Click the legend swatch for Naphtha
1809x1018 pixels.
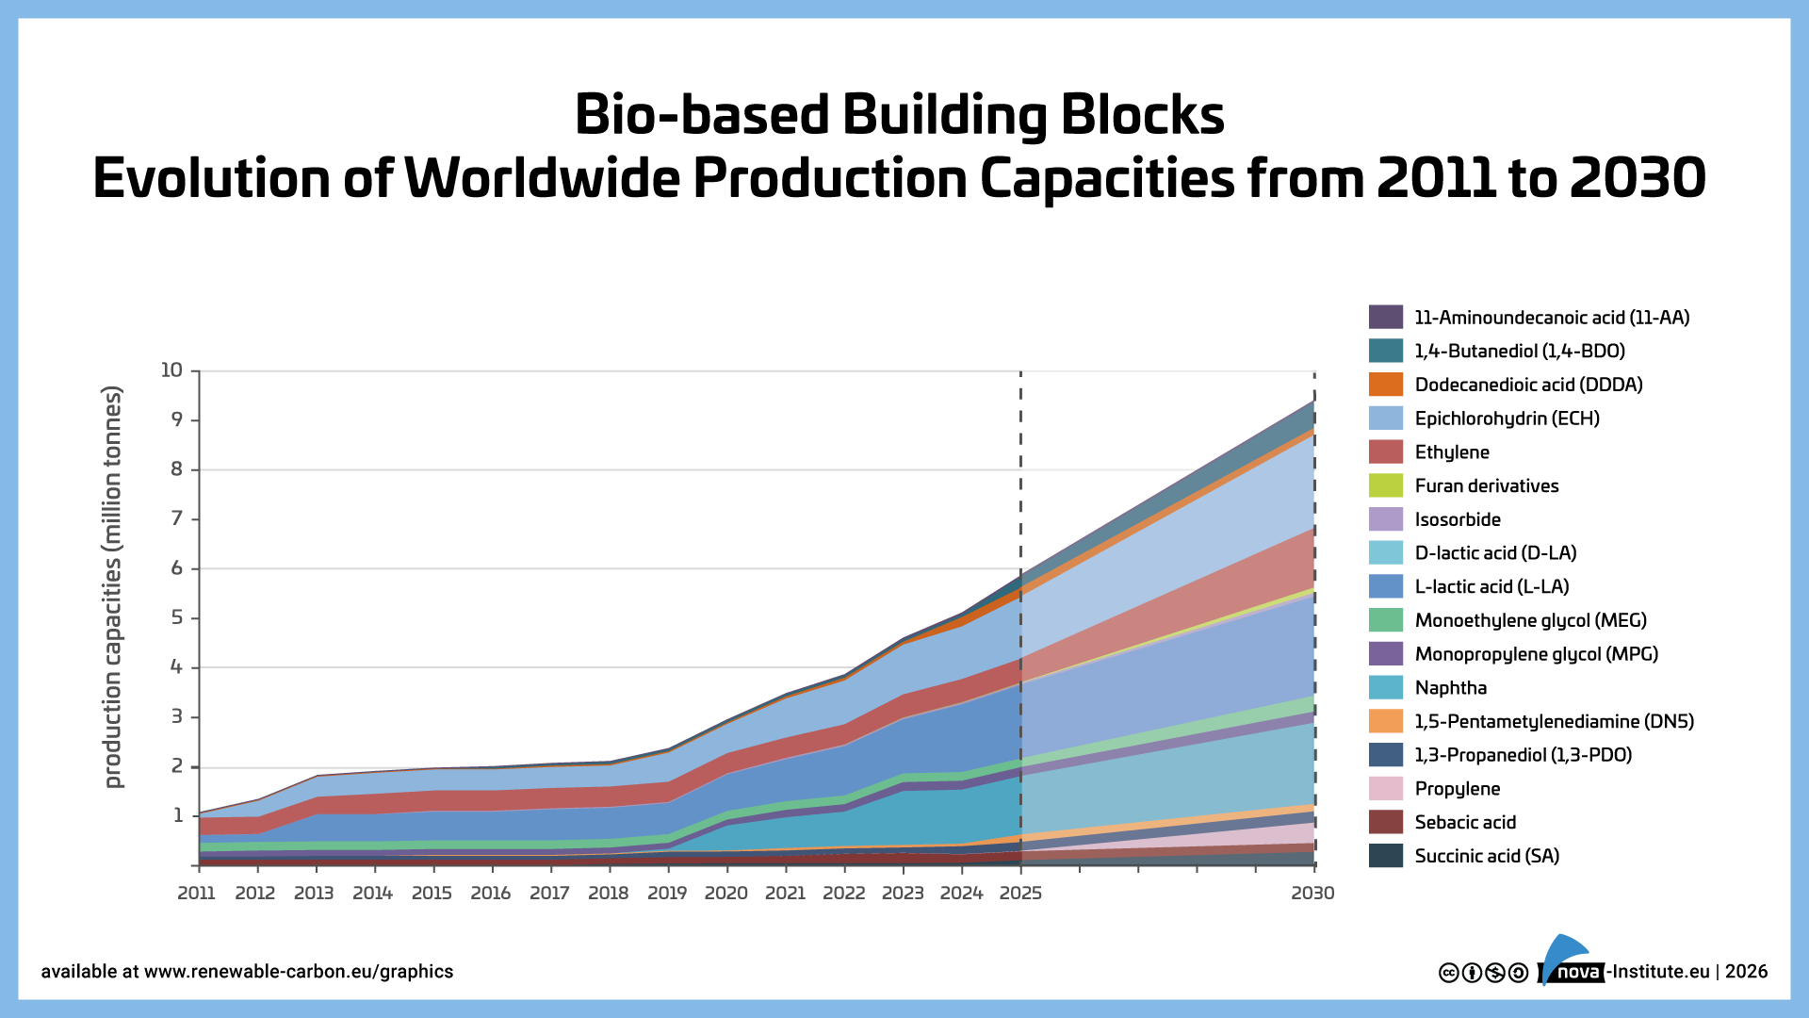[x=1385, y=687]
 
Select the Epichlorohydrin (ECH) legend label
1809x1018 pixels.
[x=1507, y=418]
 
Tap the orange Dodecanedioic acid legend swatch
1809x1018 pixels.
[x=1385, y=384]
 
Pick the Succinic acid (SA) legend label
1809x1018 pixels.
[x=1487, y=856]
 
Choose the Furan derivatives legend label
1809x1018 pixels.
[x=1486, y=485]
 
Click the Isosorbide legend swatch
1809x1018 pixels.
[x=1385, y=518]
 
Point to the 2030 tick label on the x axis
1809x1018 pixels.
[x=1312, y=893]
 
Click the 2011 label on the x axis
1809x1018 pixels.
[x=196, y=893]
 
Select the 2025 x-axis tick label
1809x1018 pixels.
[x=1020, y=893]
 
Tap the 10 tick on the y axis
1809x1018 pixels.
[x=171, y=369]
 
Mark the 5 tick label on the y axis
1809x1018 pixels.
[x=176, y=617]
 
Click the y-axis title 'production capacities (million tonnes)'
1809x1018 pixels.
[x=113, y=586]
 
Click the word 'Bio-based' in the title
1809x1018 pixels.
[x=702, y=115]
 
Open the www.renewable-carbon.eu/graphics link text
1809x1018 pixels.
[x=299, y=972]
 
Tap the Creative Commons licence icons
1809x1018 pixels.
[x=1483, y=973]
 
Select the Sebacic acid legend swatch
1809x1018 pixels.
[x=1385, y=822]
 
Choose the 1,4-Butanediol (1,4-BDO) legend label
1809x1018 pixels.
[x=1519, y=351]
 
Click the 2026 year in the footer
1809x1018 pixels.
[x=1746, y=972]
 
